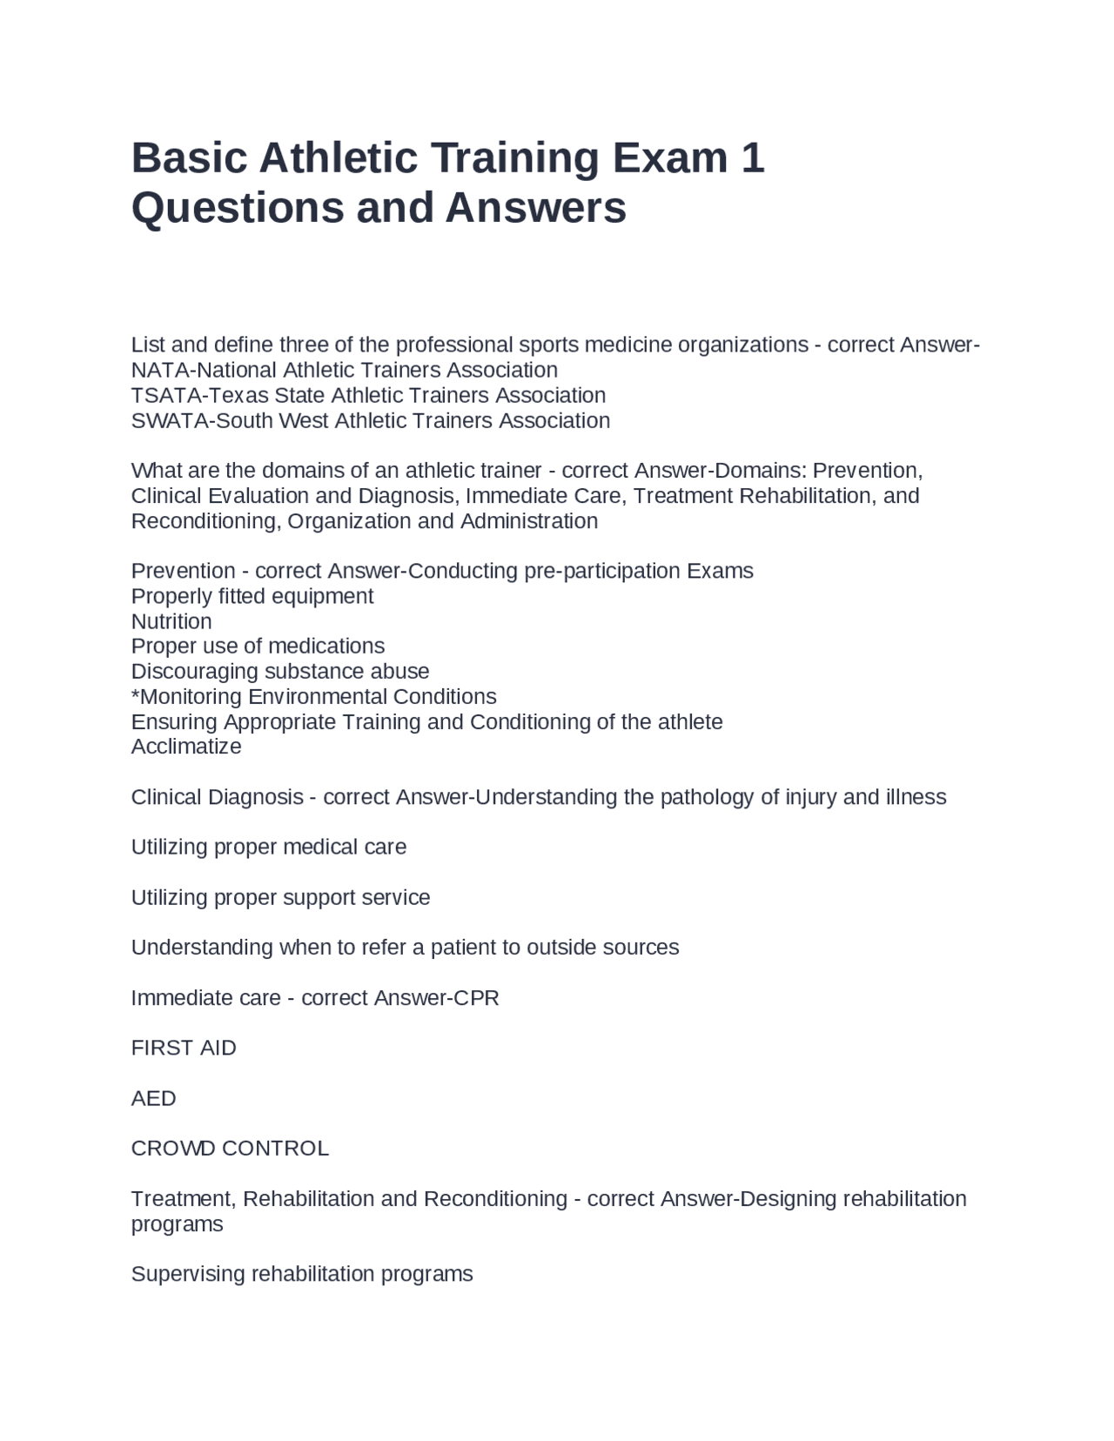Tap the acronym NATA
coord(160,370)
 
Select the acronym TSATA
coord(165,395)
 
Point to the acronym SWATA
coord(169,420)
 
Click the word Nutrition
coord(171,621)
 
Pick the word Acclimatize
coord(186,747)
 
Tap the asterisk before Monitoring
coord(135,694)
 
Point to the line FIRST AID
coord(184,1048)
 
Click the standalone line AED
coord(153,1098)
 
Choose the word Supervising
coord(188,1274)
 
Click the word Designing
coord(789,1199)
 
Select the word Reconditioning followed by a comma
coord(206,521)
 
